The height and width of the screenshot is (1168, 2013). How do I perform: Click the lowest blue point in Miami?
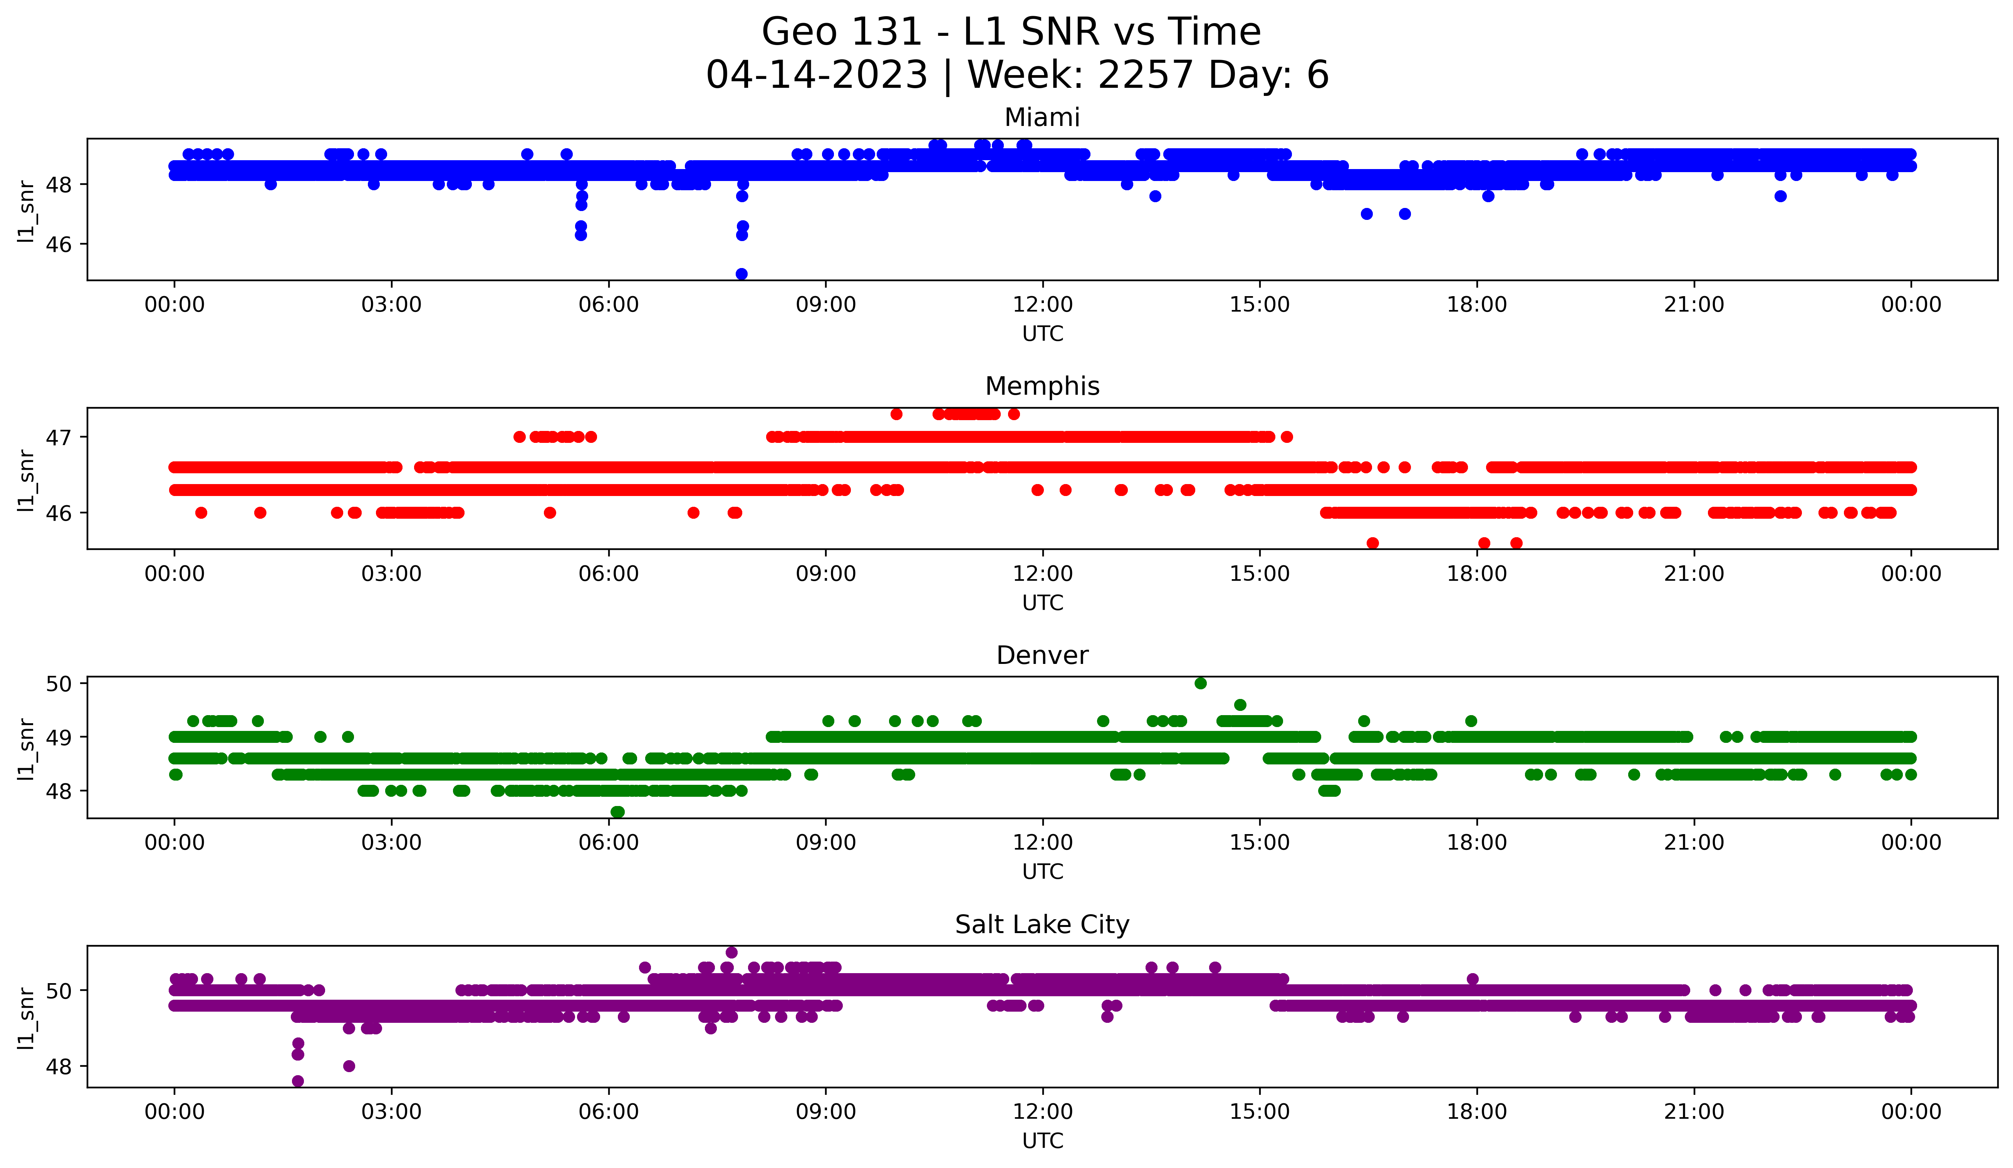point(741,274)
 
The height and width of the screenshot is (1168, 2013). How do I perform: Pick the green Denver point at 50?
point(1201,684)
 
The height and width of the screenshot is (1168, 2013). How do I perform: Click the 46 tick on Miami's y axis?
point(58,244)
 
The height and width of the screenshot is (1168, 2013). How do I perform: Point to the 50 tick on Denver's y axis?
point(58,684)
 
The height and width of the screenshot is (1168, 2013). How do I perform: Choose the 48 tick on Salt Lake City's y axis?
point(58,1067)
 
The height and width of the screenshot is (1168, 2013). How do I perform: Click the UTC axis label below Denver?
point(1042,872)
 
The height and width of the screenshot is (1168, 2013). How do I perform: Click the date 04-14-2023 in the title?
point(816,75)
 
